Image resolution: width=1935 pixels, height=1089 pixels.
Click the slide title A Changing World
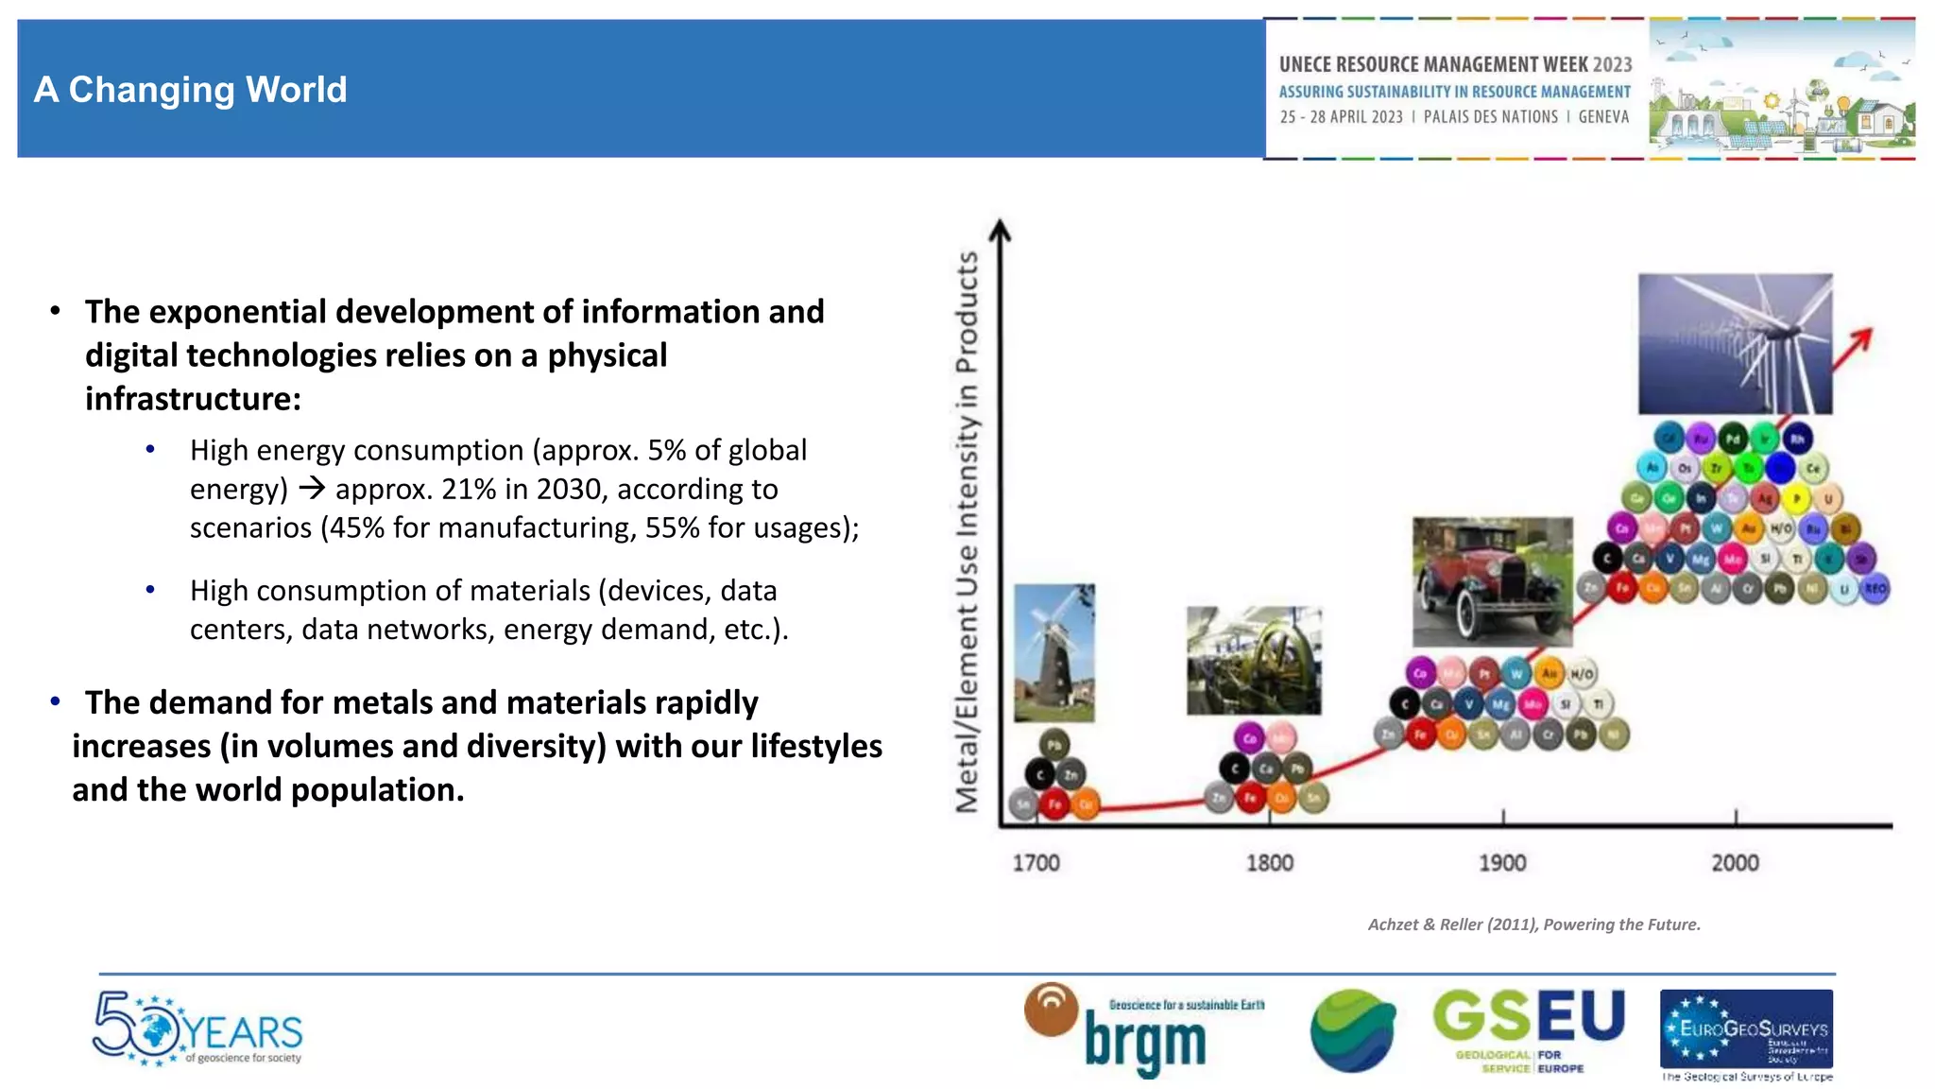point(191,90)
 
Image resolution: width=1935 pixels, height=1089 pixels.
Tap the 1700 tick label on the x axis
point(1036,863)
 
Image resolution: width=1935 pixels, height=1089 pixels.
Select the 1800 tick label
point(1269,863)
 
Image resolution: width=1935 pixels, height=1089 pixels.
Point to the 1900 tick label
point(1502,863)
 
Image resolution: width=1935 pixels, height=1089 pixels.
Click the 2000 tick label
point(1735,863)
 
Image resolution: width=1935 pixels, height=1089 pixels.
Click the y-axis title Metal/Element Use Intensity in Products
point(967,531)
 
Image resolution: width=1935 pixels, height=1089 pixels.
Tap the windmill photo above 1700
point(1054,652)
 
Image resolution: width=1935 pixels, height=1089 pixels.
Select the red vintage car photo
point(1493,581)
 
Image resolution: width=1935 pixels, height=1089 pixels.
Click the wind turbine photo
point(1735,344)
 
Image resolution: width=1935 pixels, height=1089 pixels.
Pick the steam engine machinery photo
point(1254,661)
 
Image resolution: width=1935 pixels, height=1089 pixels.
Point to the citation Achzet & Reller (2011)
point(1533,925)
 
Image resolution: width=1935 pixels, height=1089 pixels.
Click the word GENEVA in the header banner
point(1603,117)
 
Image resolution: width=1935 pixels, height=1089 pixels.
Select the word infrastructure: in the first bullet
point(193,399)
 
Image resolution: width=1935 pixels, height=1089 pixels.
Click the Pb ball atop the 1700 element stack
point(1054,745)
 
